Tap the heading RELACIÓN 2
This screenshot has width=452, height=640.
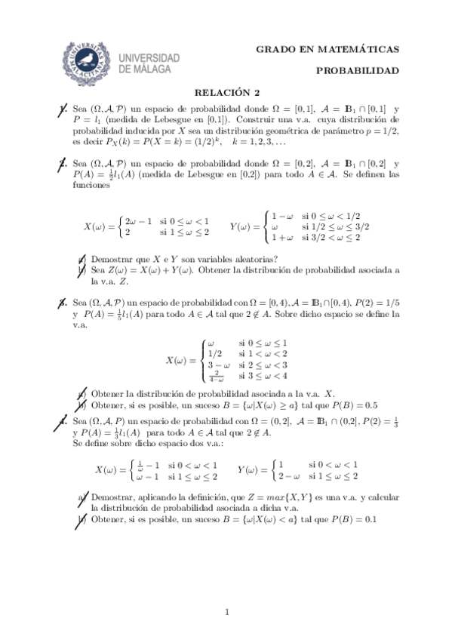tap(227, 93)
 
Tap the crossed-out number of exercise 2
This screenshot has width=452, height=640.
tap(63, 162)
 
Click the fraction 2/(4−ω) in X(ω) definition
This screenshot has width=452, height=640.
tap(219, 376)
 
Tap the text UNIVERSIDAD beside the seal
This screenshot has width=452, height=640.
tap(149, 58)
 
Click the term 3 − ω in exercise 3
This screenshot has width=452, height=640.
tap(219, 365)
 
